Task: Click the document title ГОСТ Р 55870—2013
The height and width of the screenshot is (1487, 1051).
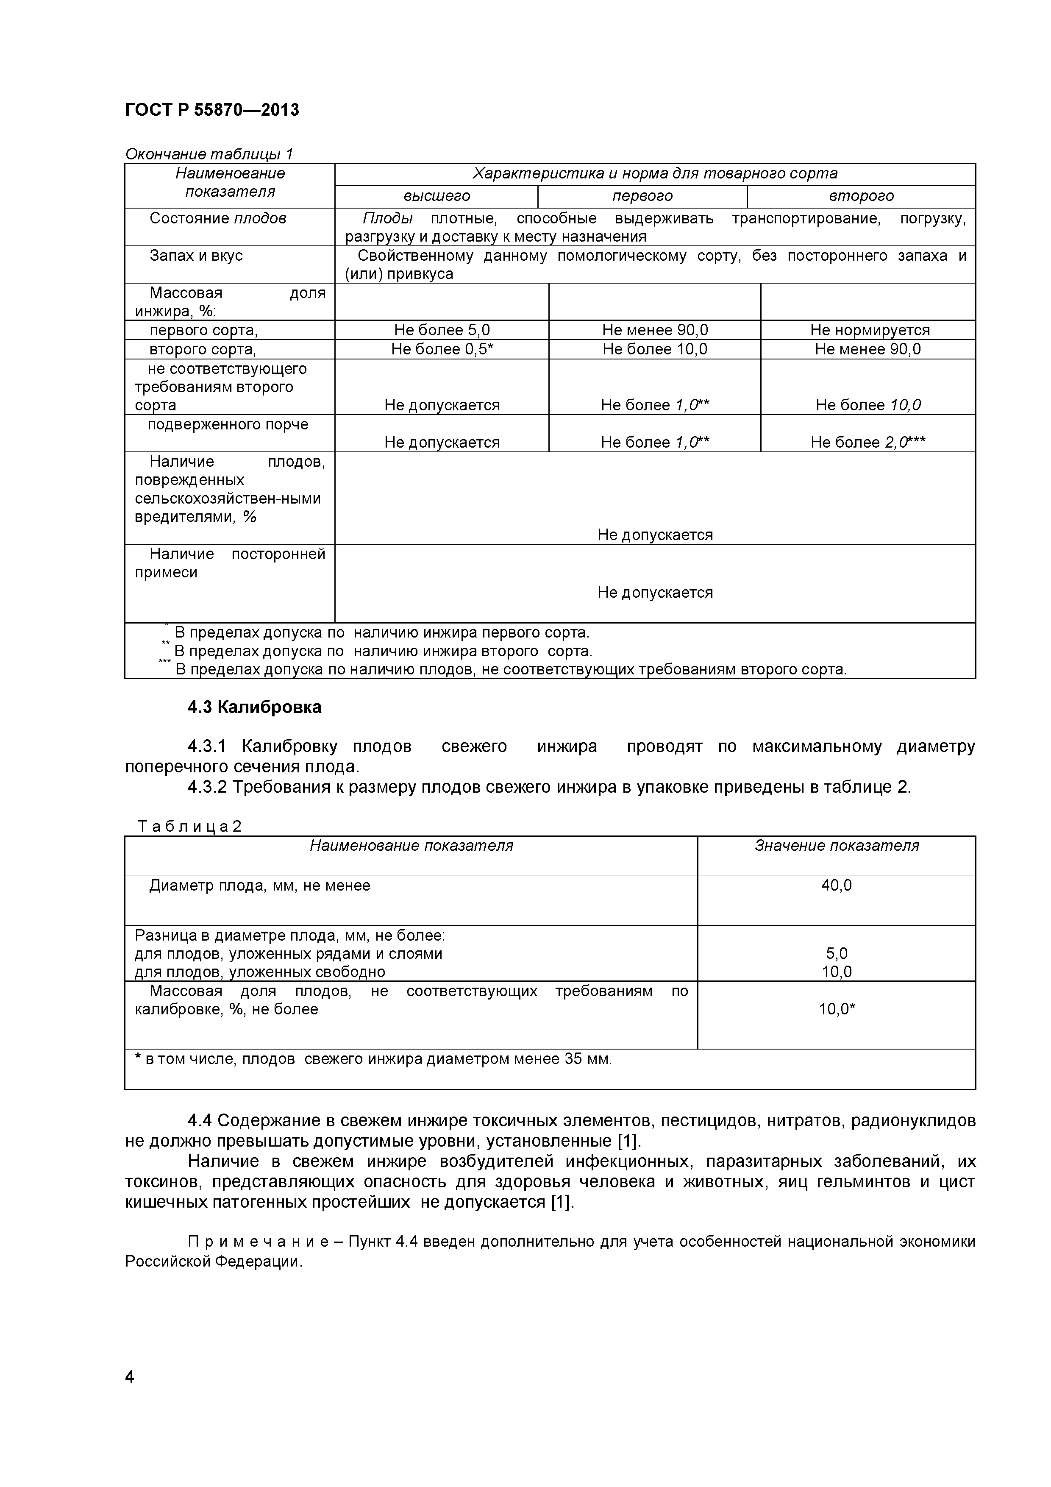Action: [x=212, y=110]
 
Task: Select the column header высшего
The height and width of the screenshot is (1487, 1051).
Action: [x=437, y=195]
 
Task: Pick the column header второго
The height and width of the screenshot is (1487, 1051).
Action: [x=861, y=195]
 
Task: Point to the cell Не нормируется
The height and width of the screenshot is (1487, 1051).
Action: [x=869, y=330]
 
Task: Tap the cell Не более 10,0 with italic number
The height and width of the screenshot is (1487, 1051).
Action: [x=868, y=405]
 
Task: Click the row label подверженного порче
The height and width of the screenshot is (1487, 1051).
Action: [x=228, y=424]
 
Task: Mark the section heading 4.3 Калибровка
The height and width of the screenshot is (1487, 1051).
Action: [x=255, y=707]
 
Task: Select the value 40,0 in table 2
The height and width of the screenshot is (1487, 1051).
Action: [x=836, y=886]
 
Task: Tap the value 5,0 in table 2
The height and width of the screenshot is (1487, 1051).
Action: [x=836, y=953]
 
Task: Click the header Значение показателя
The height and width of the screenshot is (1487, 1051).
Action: [x=836, y=846]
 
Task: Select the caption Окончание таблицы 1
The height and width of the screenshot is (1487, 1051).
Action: [x=209, y=154]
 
